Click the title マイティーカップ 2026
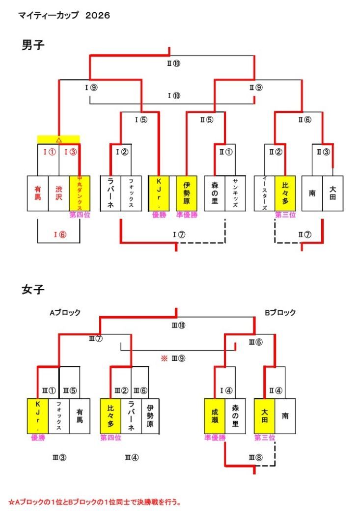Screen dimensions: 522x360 [64, 16]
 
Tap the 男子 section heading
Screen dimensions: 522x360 [33, 46]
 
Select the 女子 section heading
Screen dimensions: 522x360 [33, 289]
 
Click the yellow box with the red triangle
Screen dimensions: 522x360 [58, 139]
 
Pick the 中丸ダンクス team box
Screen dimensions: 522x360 [80, 193]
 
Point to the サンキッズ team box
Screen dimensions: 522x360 [235, 193]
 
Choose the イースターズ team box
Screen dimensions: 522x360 [264, 193]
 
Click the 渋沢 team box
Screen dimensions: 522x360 [59, 193]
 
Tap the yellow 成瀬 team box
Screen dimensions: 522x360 [215, 415]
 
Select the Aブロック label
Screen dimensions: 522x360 [64, 312]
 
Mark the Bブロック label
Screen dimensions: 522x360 [280, 312]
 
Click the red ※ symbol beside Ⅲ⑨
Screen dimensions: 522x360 [165, 358]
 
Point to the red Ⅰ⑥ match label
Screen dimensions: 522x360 [59, 234]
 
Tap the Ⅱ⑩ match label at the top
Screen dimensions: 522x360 [173, 63]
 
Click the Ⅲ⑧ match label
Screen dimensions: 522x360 [255, 458]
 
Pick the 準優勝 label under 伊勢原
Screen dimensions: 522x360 [187, 215]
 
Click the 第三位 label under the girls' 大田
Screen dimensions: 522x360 [264, 437]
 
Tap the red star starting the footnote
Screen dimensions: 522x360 [11, 502]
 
